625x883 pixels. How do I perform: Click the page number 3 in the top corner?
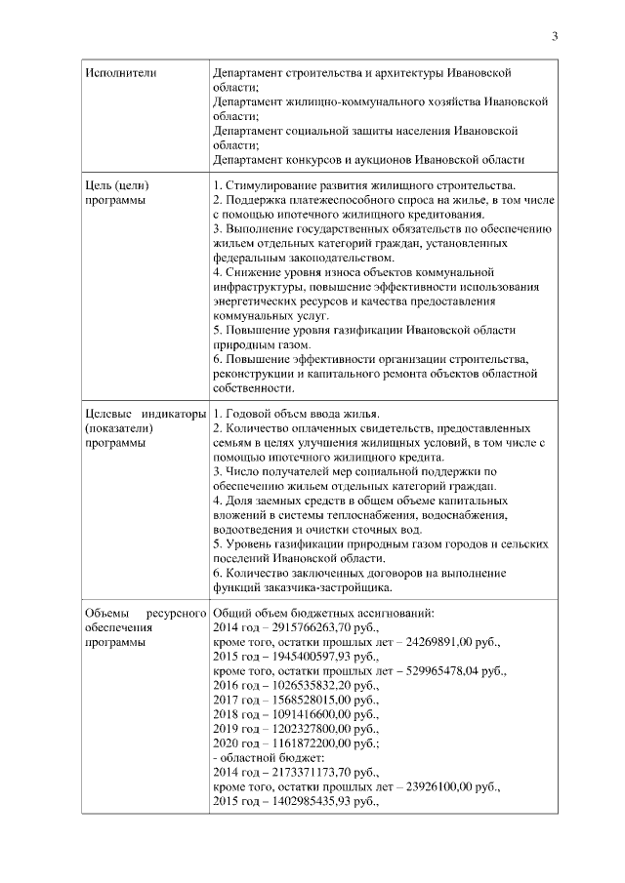coord(555,37)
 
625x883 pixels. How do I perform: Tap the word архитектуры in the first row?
coord(407,73)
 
